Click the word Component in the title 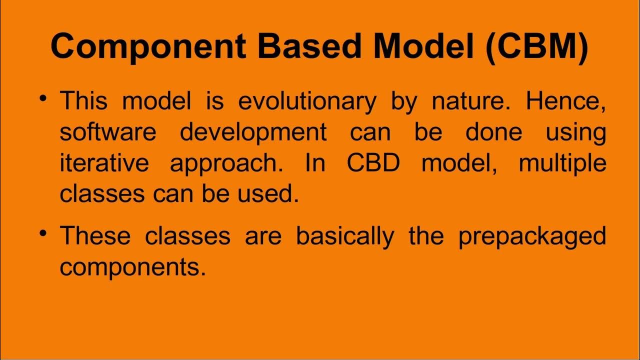148,46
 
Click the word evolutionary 307,101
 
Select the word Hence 565,101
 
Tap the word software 108,132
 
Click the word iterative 104,163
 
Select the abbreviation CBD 373,163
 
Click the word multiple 562,163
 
